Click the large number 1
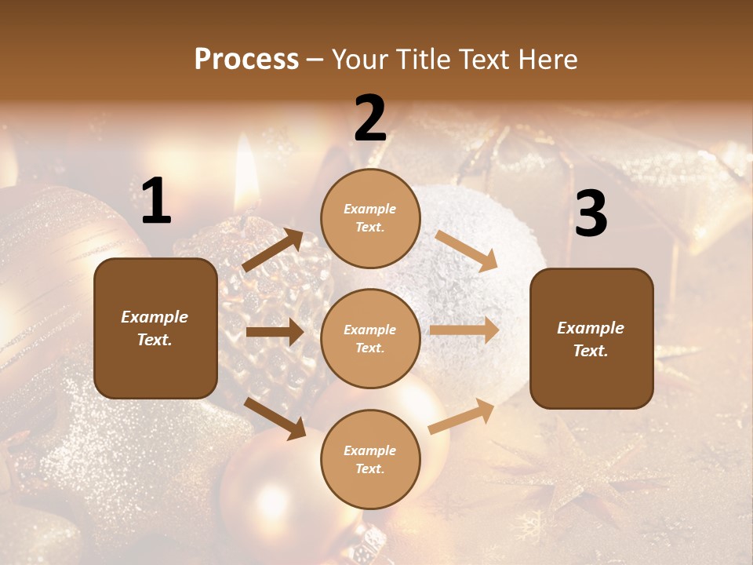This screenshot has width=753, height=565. pyautogui.click(x=156, y=201)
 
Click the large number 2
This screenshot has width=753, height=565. pyautogui.click(x=370, y=118)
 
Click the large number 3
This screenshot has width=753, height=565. pyautogui.click(x=591, y=213)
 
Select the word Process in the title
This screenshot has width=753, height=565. pyautogui.click(x=246, y=59)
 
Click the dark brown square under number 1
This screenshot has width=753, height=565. pyautogui.click(x=155, y=328)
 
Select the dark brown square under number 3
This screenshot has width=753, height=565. pyautogui.click(x=591, y=338)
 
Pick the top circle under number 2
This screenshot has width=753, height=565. pyautogui.click(x=370, y=218)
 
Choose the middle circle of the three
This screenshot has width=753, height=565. pyautogui.click(x=370, y=338)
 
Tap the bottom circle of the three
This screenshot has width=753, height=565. pyautogui.click(x=370, y=459)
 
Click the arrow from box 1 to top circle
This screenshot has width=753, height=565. pyautogui.click(x=273, y=250)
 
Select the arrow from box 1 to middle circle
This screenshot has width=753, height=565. pyautogui.click(x=275, y=332)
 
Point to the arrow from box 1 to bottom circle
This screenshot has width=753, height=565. pyautogui.click(x=275, y=418)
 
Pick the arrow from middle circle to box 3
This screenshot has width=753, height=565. pyautogui.click(x=464, y=330)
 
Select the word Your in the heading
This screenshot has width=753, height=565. pyautogui.click(x=359, y=59)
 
